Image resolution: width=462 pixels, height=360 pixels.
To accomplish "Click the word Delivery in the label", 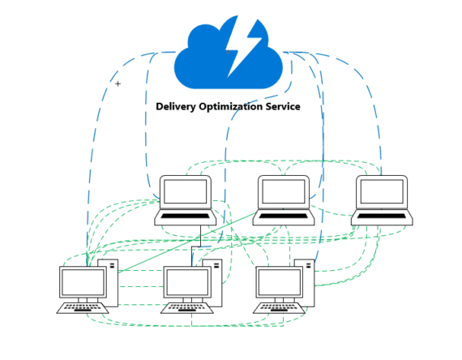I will coord(176,106).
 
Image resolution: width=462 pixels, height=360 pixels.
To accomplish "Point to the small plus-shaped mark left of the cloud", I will coord(118,84).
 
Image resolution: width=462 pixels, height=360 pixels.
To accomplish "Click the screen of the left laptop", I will coord(186,192).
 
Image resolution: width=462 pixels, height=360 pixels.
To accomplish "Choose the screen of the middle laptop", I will coord(284,192).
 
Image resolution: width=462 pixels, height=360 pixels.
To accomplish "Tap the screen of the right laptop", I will coord(382,192).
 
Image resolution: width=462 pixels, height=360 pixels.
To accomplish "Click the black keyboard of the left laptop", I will coord(186,216).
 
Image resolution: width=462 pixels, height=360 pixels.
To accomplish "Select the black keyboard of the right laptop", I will coord(382,217).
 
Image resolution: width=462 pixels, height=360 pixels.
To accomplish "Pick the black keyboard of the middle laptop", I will coord(284,216).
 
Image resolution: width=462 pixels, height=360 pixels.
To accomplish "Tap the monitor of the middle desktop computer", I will coord(187,283).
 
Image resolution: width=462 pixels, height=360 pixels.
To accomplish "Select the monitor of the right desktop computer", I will coord(280,283).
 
